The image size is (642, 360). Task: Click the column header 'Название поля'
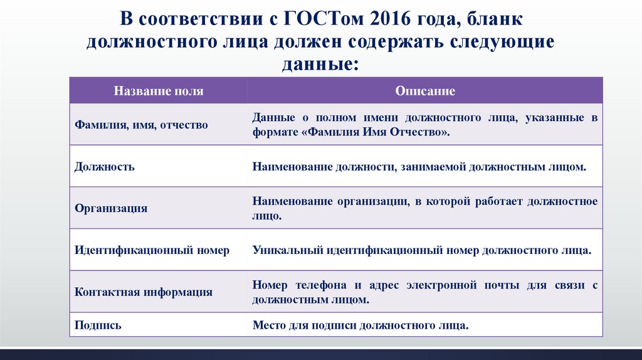[158, 91]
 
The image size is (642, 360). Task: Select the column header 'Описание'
[425, 91]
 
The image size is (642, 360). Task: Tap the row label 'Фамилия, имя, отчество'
[141, 125]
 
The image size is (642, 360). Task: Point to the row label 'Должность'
[105, 167]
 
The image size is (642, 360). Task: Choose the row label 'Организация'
[111, 208]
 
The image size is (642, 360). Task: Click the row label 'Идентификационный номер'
[152, 250]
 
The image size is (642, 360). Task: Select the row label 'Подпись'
[98, 326]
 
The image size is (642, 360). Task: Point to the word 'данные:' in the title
[320, 63]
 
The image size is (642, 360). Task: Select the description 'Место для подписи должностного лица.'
[360, 326]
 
